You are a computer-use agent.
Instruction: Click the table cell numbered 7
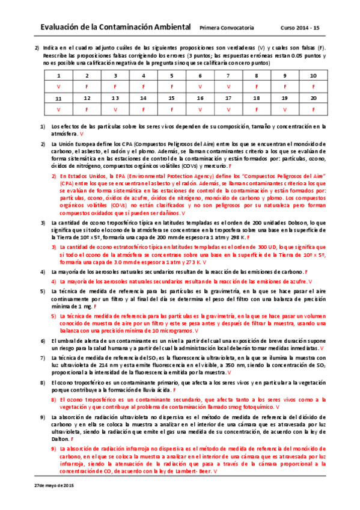coord(228,76)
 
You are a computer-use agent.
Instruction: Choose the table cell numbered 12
coord(87,97)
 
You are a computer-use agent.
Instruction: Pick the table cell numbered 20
coord(313,97)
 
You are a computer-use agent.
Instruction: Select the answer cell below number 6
coord(200,87)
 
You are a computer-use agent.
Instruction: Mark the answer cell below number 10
coord(313,87)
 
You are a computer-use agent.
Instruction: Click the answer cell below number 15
coord(172,109)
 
